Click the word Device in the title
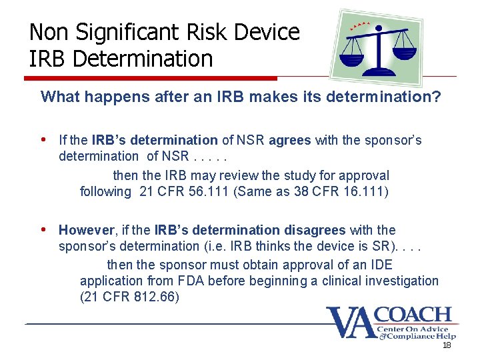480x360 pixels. (269, 31)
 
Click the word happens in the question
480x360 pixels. (109, 97)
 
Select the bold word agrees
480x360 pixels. (289, 141)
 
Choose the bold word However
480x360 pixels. (87, 231)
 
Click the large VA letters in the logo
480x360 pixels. (351, 323)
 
